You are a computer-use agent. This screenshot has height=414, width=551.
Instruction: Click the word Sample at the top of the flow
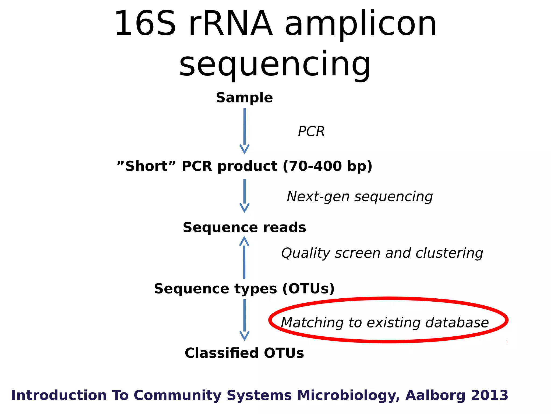coord(244,98)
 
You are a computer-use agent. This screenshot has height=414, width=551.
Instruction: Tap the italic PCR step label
coord(311,132)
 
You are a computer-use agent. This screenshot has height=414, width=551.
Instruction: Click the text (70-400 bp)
coord(327,166)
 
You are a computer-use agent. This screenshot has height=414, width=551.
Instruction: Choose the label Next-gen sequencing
coord(360,196)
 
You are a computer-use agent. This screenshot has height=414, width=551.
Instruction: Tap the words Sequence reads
coord(244,227)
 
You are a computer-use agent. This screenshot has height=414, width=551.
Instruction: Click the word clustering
coord(449,253)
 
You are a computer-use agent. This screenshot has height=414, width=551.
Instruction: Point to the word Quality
coord(306,253)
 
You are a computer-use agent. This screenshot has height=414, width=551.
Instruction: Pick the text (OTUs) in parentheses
coord(309,289)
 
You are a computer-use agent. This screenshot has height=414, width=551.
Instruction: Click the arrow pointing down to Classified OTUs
coord(244,319)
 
